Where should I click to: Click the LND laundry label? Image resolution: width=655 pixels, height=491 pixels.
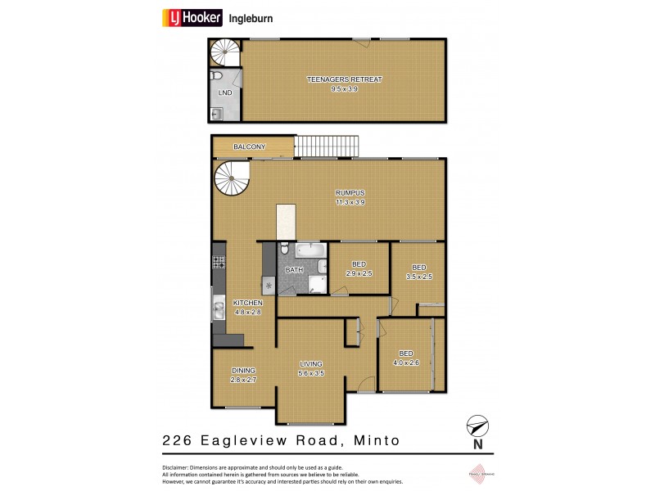pyautogui.click(x=224, y=93)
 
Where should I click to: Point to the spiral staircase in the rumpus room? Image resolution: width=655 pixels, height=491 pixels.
pyautogui.click(x=233, y=179)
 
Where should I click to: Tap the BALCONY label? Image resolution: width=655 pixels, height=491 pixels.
pyautogui.click(x=249, y=147)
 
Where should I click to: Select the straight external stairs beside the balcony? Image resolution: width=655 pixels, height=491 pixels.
pyautogui.click(x=327, y=146)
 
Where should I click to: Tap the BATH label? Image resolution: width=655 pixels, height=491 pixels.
pyautogui.click(x=295, y=269)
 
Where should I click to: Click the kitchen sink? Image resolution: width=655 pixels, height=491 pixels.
pyautogui.click(x=219, y=310)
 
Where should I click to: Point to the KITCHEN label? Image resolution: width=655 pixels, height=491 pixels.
pyautogui.click(x=247, y=303)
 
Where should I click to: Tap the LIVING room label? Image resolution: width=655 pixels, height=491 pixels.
pyautogui.click(x=311, y=364)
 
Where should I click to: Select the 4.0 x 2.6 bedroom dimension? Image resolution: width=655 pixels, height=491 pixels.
pyautogui.click(x=406, y=363)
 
